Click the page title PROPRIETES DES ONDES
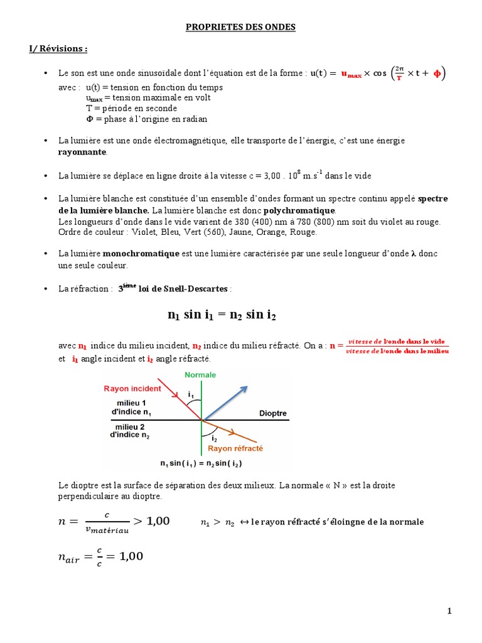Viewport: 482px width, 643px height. click(241, 28)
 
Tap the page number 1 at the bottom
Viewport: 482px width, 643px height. click(450, 611)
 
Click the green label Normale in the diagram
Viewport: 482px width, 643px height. click(200, 375)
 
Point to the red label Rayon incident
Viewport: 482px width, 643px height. click(132, 389)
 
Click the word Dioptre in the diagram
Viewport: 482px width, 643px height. click(273, 414)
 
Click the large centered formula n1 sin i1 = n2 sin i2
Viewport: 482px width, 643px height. click(222, 316)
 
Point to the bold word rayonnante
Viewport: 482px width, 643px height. click(82, 152)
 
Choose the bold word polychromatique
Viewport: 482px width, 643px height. click(299, 210)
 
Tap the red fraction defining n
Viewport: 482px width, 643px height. click(397, 346)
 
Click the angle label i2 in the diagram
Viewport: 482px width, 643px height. click(214, 438)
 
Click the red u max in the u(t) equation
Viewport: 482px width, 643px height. click(351, 75)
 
